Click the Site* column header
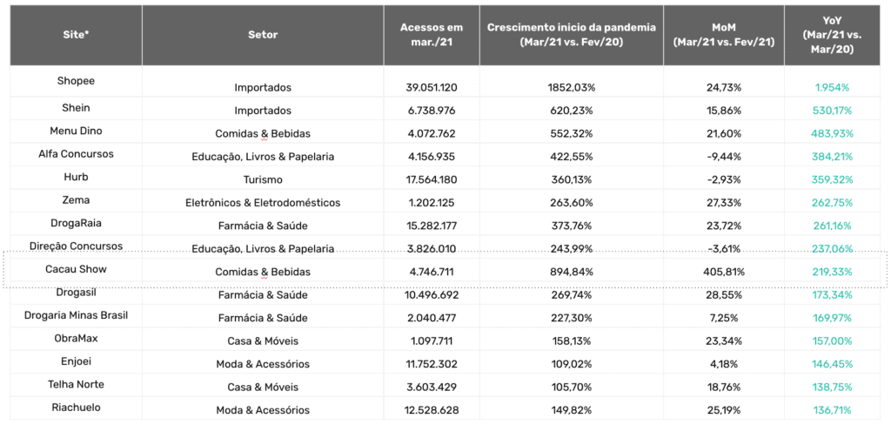click(76, 35)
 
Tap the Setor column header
click(263, 35)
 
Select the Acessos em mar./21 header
click(432, 35)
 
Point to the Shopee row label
click(76, 81)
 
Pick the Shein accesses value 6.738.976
click(432, 111)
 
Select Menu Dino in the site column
click(76, 131)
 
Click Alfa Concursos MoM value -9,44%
click(723, 157)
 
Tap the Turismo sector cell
click(263, 179)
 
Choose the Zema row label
click(76, 199)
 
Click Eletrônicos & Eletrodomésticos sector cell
click(263, 203)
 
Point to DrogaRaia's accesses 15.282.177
click(432, 226)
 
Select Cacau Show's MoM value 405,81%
click(723, 272)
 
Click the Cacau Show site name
click(76, 269)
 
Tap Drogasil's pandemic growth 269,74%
click(571, 295)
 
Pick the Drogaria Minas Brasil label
click(76, 315)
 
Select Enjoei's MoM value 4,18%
click(723, 364)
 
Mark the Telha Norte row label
click(76, 385)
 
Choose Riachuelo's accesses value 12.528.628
click(432, 410)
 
